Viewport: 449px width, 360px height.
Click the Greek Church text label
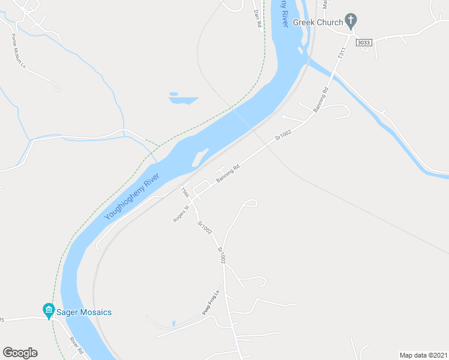(318, 22)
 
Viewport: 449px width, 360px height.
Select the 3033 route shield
(364, 43)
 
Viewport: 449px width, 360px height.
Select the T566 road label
(185, 193)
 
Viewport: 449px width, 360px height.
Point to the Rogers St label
(181, 214)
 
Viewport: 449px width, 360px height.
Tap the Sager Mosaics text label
(84, 312)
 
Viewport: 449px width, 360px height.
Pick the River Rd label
(76, 345)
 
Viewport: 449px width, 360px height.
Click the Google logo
(20, 353)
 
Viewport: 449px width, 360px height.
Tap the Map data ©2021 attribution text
(423, 355)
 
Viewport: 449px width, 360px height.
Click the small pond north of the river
(182, 99)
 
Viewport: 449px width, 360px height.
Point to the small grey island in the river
(199, 157)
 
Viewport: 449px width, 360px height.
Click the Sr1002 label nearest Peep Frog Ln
(221, 256)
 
